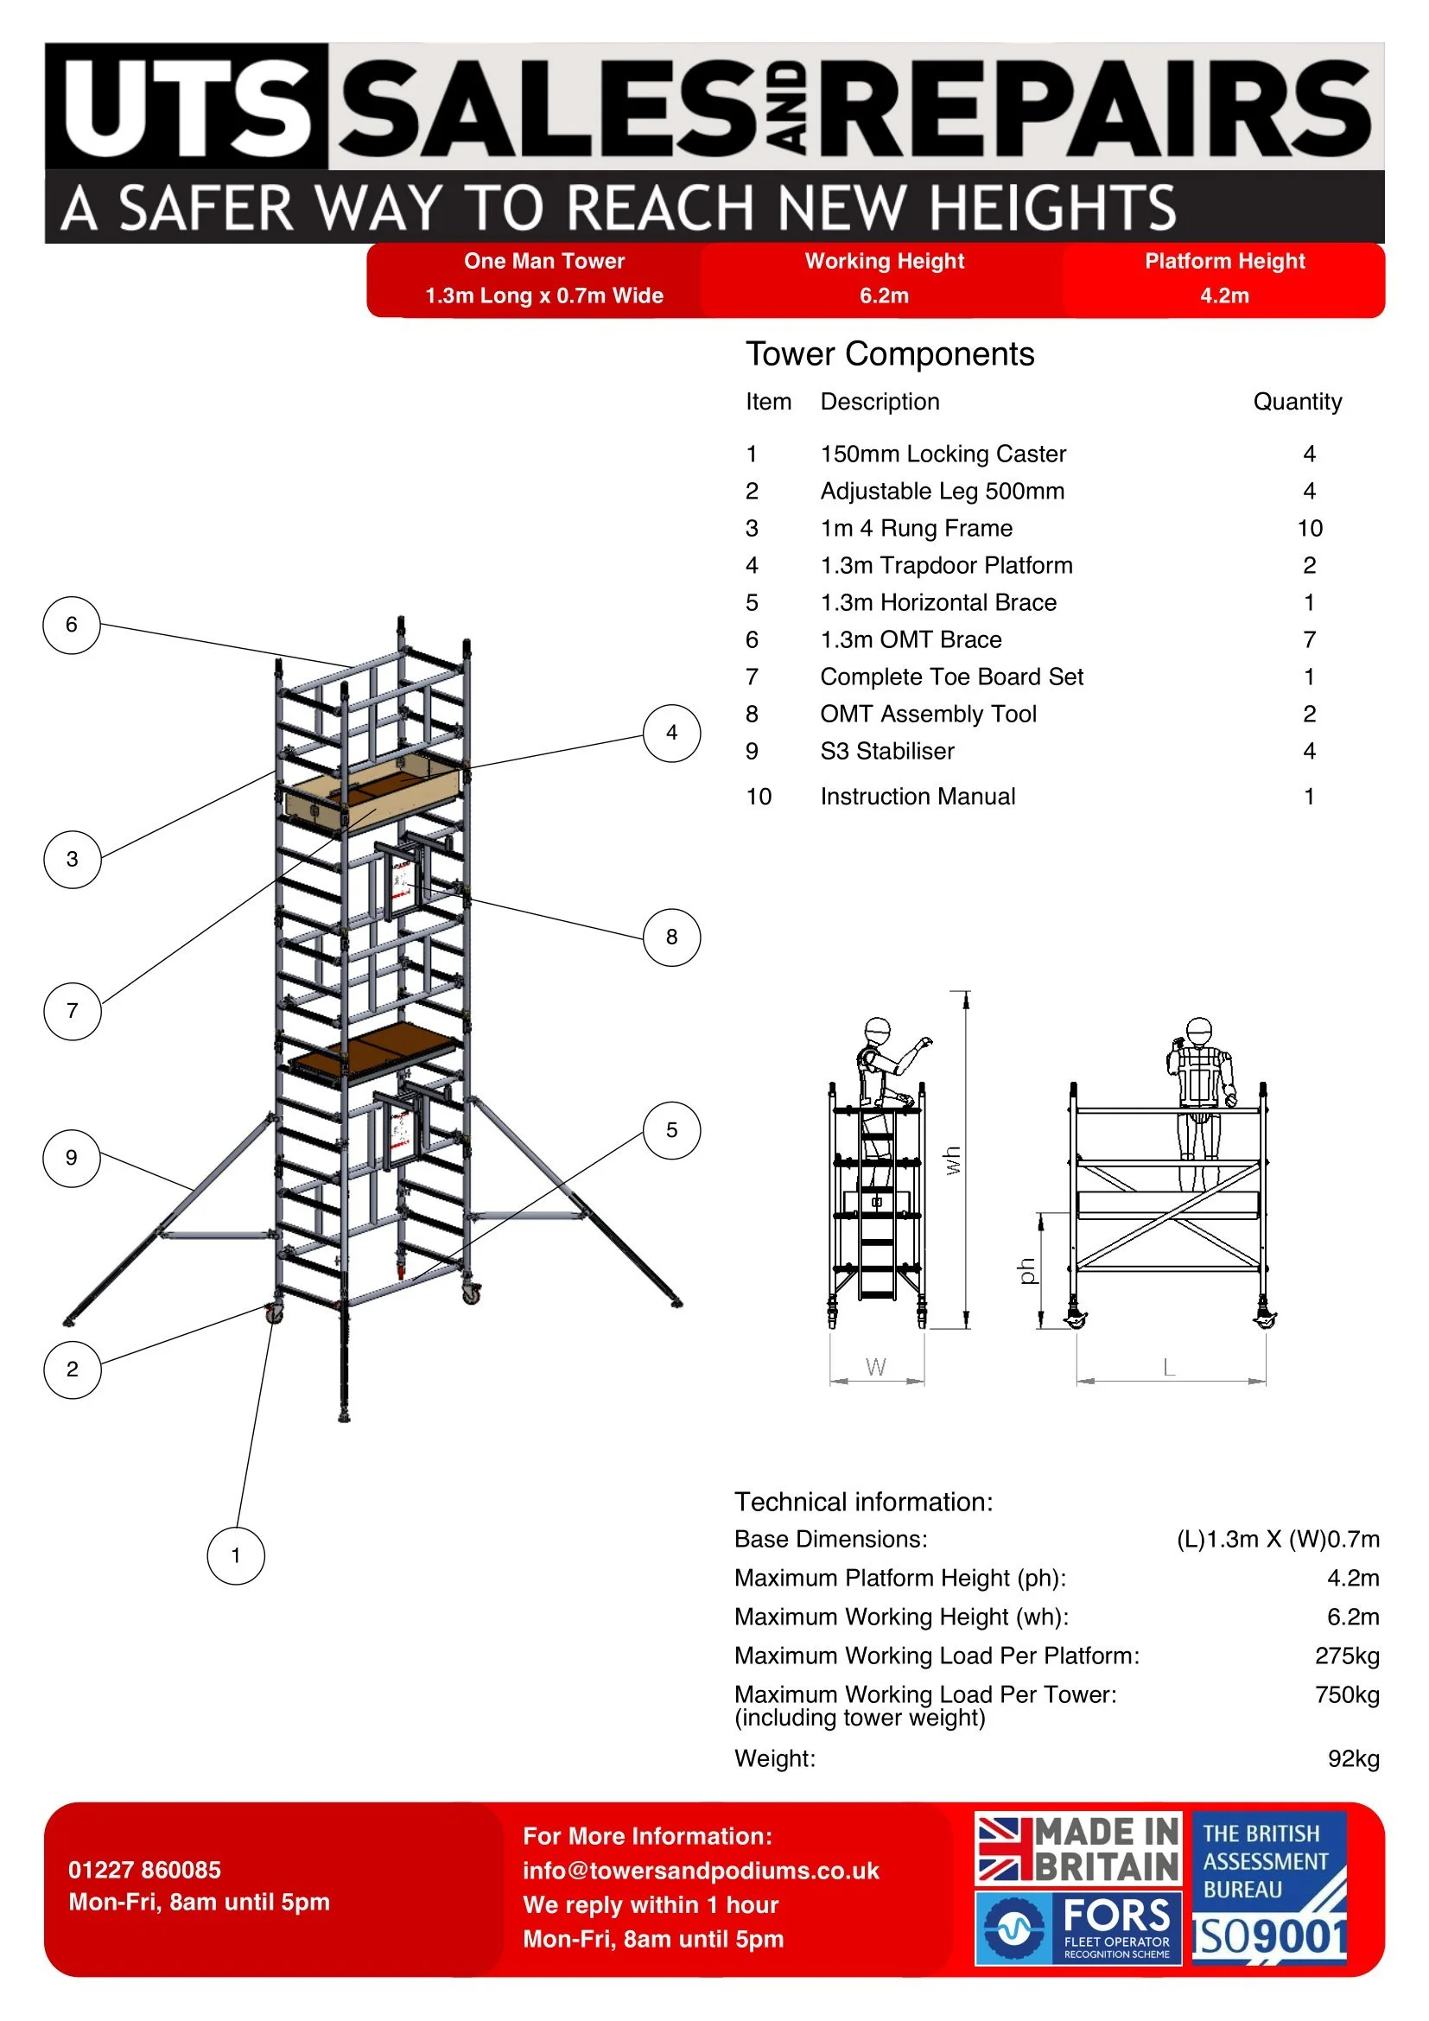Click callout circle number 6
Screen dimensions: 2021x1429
(x=71, y=625)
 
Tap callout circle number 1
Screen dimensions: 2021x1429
(x=235, y=1555)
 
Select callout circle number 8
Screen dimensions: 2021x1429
(x=671, y=937)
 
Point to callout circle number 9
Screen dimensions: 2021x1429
(x=71, y=1158)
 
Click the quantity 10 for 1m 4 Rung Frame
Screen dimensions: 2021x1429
(x=1309, y=528)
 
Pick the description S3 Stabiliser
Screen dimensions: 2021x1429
(x=887, y=751)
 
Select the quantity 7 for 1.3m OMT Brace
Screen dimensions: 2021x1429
(x=1309, y=640)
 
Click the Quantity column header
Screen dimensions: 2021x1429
(x=1297, y=403)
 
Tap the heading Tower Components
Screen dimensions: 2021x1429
(x=890, y=354)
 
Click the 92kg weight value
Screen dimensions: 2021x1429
(x=1353, y=1758)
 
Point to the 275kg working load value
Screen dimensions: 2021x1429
(x=1347, y=1656)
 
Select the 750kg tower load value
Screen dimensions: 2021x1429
(x=1347, y=1694)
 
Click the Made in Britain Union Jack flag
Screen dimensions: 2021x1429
(x=1002, y=1848)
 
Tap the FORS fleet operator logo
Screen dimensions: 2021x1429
(x=1078, y=1928)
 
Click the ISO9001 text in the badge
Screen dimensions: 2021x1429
(x=1270, y=1936)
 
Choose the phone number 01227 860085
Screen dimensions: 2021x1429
(x=144, y=1870)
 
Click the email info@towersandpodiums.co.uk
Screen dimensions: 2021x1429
(x=701, y=1871)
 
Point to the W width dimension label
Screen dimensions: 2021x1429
(x=875, y=1367)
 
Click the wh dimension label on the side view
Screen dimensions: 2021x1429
(x=952, y=1160)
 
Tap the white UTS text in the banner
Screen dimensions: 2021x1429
(x=187, y=107)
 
